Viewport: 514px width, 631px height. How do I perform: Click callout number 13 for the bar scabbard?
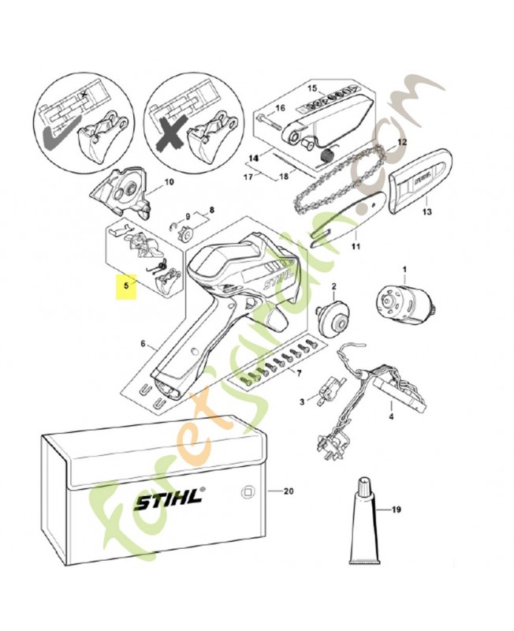427,212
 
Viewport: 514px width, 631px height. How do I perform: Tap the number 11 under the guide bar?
355,246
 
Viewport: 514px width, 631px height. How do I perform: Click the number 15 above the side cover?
311,88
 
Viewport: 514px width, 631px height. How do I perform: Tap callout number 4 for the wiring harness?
392,416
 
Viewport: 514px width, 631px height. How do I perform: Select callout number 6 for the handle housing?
143,344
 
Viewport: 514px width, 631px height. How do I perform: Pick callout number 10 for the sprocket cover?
168,183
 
